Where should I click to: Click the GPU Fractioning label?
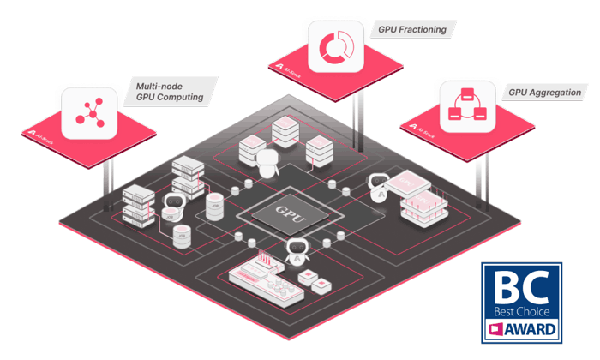tap(411, 29)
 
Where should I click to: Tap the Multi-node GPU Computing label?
tap(170, 91)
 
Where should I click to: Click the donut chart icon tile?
tap(336, 47)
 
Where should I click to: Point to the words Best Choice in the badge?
tap(521, 311)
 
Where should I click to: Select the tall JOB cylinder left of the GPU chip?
tap(214, 207)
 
